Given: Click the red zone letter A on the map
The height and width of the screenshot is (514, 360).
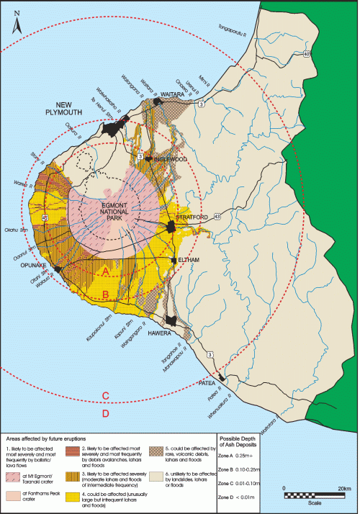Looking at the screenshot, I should (x=106, y=271).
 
